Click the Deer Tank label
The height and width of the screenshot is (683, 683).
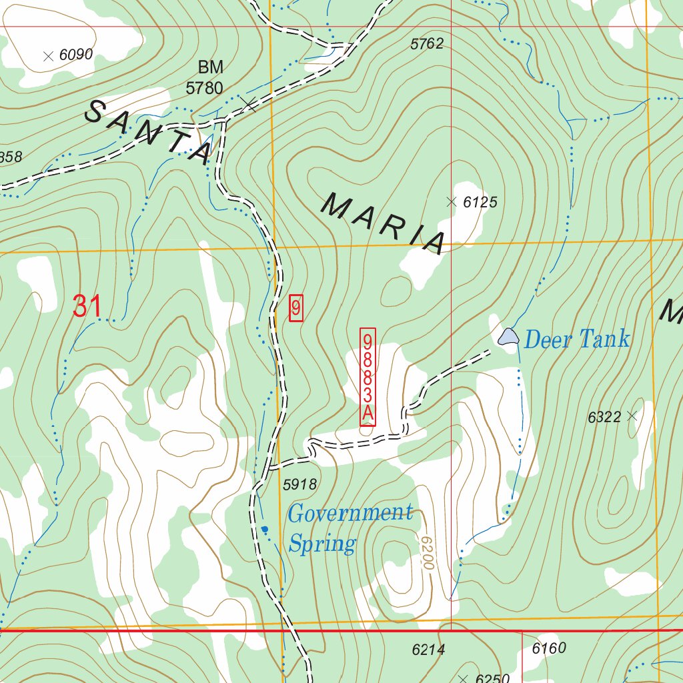click(576, 339)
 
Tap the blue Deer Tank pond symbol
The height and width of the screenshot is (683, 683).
click(508, 336)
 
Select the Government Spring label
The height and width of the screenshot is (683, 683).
click(350, 528)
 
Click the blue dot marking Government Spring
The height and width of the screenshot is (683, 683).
click(265, 529)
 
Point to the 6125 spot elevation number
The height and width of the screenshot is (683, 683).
click(480, 202)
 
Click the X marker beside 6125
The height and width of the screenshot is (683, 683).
click(452, 201)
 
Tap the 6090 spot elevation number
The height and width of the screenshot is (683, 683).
click(75, 55)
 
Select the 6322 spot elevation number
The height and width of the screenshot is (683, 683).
click(604, 418)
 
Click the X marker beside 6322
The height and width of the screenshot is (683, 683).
click(632, 416)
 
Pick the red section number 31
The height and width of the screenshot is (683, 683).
click(87, 307)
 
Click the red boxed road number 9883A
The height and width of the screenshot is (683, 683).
click(368, 377)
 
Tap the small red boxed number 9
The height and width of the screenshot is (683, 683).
click(296, 308)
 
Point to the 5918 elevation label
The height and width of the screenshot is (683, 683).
click(299, 485)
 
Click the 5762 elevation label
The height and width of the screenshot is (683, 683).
click(427, 45)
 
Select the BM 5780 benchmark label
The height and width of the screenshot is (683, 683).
click(205, 78)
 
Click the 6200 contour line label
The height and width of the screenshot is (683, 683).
click(427, 552)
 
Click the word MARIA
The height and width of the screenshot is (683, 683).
click(384, 223)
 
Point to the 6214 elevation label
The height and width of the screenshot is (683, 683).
click(428, 650)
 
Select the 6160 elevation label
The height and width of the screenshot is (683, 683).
click(549, 648)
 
